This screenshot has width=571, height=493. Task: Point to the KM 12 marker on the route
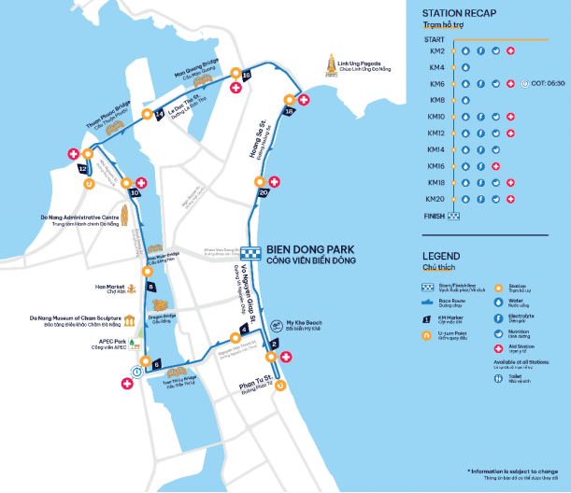tap(83, 169)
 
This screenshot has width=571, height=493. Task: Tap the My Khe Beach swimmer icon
tap(276, 325)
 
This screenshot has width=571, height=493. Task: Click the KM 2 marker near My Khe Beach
tap(274, 345)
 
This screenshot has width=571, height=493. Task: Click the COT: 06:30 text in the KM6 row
tap(548, 84)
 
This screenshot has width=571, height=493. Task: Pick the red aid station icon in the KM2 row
tap(510, 51)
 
